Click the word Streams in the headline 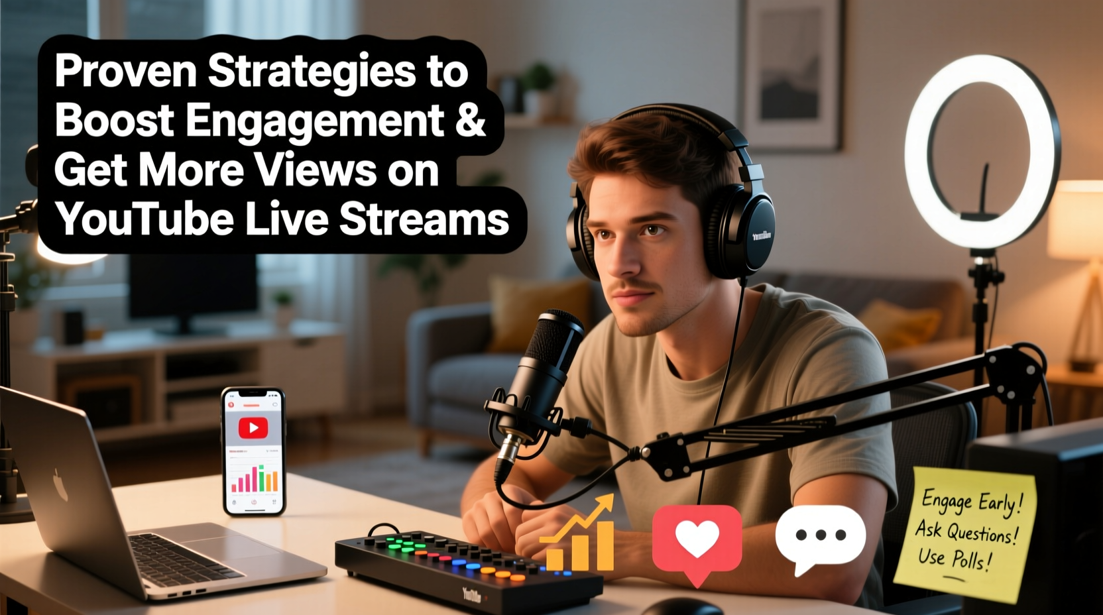pos(424,219)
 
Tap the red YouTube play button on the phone pos(253,428)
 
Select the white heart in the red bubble pos(697,538)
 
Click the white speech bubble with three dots pos(821,535)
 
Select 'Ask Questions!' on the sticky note pos(966,531)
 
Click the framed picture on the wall pos(791,73)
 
